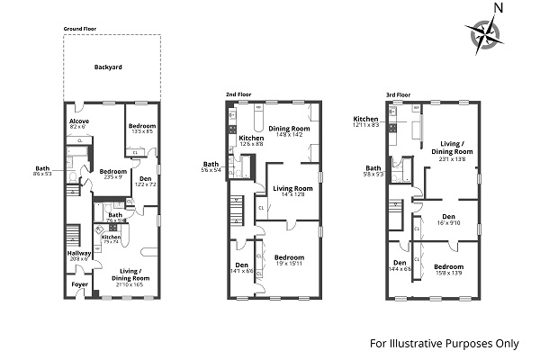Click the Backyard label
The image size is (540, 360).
click(108, 67)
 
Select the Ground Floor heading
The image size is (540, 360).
click(80, 29)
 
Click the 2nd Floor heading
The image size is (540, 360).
click(238, 93)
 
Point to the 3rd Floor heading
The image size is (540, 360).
click(398, 93)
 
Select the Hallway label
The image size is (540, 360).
click(80, 254)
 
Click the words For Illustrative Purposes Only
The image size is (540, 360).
click(445, 343)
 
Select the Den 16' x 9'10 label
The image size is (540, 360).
click(449, 218)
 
